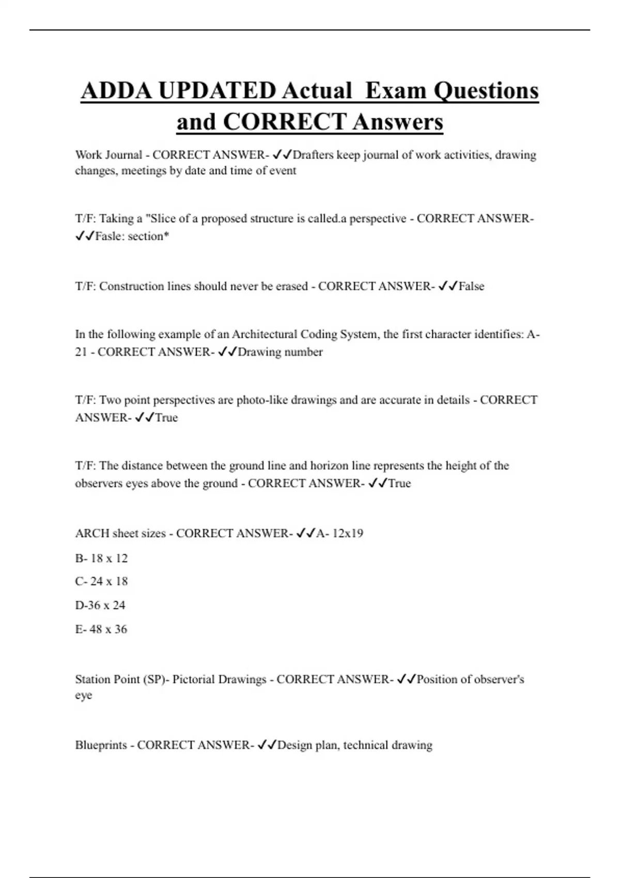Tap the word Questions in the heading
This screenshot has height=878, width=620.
pos(486,91)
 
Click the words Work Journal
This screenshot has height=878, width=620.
pos(109,155)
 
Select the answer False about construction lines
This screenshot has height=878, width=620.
pos(472,286)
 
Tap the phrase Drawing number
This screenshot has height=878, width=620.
pos(280,352)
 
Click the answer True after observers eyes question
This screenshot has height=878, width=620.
pos(399,483)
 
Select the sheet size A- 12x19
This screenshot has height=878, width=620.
pos(339,533)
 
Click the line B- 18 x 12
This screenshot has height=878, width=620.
pos(101,558)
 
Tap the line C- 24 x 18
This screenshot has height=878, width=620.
pos(101,581)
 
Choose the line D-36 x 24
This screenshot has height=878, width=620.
pos(100,605)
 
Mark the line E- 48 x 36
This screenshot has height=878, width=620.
pos(101,629)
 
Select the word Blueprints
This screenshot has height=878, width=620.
pos(101,745)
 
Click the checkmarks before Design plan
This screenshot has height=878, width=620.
pos(267,745)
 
